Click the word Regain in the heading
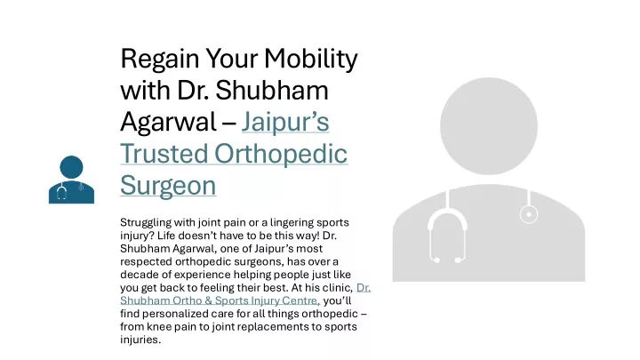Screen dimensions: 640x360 click(160, 60)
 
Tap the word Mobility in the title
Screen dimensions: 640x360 click(310, 60)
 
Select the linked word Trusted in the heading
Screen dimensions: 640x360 click(164, 154)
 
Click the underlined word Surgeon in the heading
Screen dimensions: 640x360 click(168, 186)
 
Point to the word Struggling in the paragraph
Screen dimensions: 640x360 click(146, 223)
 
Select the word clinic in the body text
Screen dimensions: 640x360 click(337, 287)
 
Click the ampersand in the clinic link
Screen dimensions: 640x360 click(208, 300)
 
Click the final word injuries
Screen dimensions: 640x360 click(140, 340)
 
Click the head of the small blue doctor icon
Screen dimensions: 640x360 click(71, 167)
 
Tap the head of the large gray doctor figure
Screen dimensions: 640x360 click(489, 126)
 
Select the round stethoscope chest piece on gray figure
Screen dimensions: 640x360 click(529, 214)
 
